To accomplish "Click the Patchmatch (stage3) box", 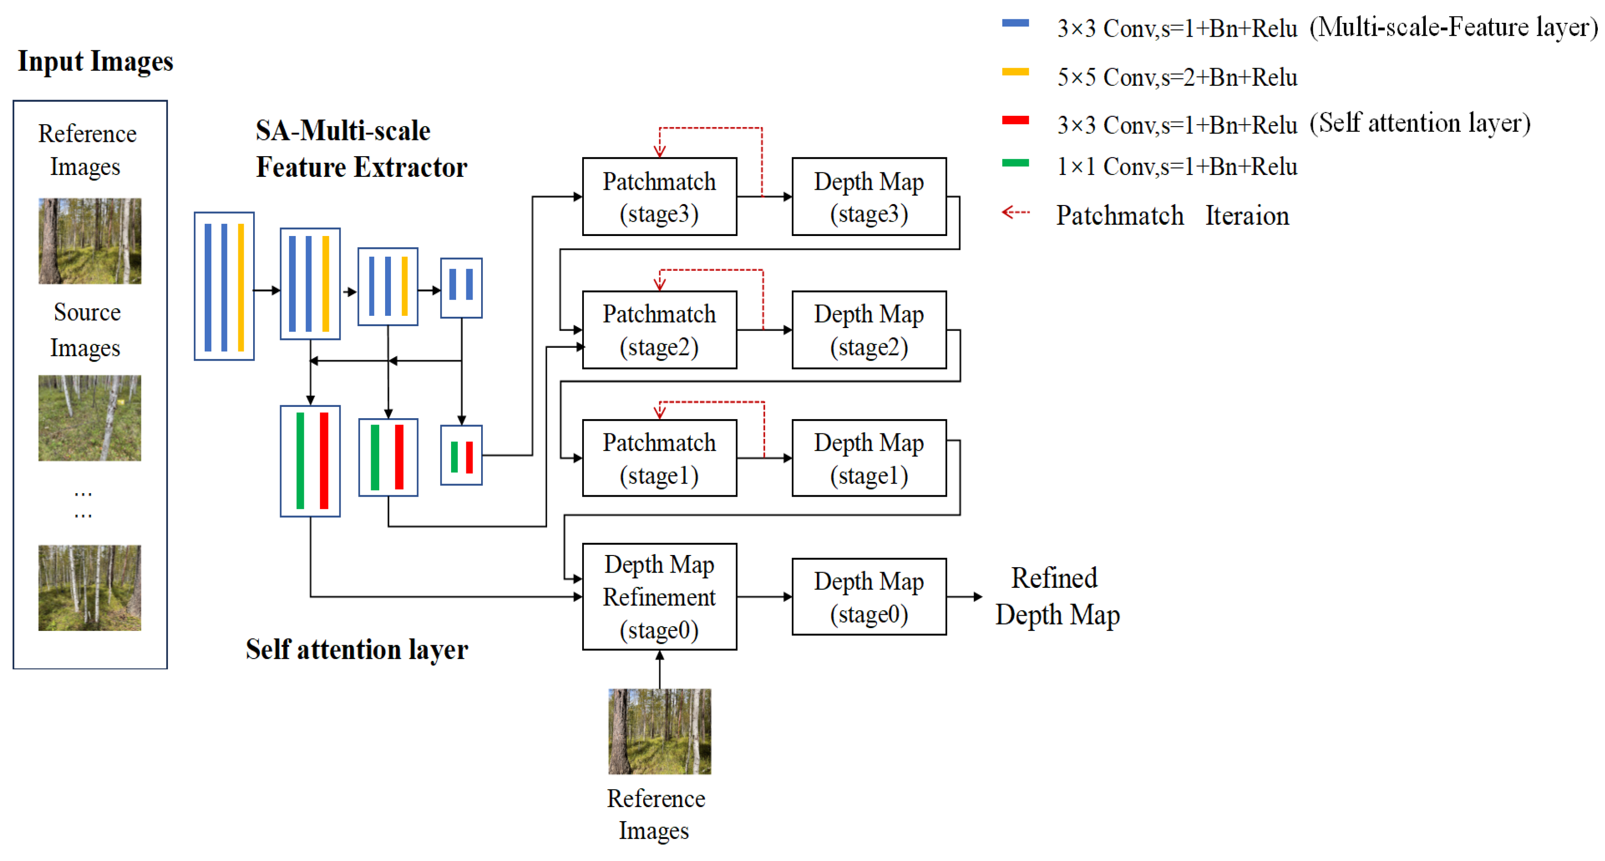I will [x=659, y=197].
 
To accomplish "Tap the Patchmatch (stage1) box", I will [x=659, y=458].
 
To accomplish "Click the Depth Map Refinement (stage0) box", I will [x=659, y=597].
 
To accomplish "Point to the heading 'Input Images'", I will [x=95, y=61].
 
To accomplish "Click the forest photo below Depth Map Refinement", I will [x=659, y=731].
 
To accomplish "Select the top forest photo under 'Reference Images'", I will [x=90, y=241].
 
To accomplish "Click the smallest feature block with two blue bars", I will [x=461, y=288].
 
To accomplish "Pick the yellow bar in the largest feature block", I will [x=241, y=287].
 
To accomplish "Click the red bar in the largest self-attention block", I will [x=324, y=461].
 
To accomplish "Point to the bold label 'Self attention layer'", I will [x=356, y=650].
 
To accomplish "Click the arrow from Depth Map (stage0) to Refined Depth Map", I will [x=964, y=597].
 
